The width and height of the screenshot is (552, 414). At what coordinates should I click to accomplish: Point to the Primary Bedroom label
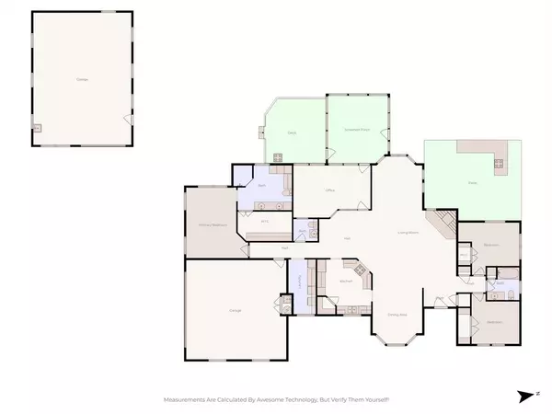click(213, 224)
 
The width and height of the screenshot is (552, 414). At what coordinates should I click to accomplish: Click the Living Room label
click(408, 233)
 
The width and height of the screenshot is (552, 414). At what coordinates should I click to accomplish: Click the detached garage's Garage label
click(82, 81)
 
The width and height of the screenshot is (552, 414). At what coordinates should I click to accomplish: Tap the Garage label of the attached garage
click(234, 311)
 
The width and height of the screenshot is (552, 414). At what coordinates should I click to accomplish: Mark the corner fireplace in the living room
click(443, 223)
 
